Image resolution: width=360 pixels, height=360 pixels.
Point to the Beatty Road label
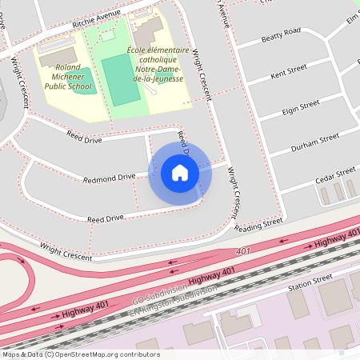281,35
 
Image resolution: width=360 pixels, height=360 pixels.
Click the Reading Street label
258,226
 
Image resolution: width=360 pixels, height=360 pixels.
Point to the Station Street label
310,282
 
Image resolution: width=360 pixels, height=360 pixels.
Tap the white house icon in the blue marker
180,173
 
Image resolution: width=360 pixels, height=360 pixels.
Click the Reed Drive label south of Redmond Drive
106,218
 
